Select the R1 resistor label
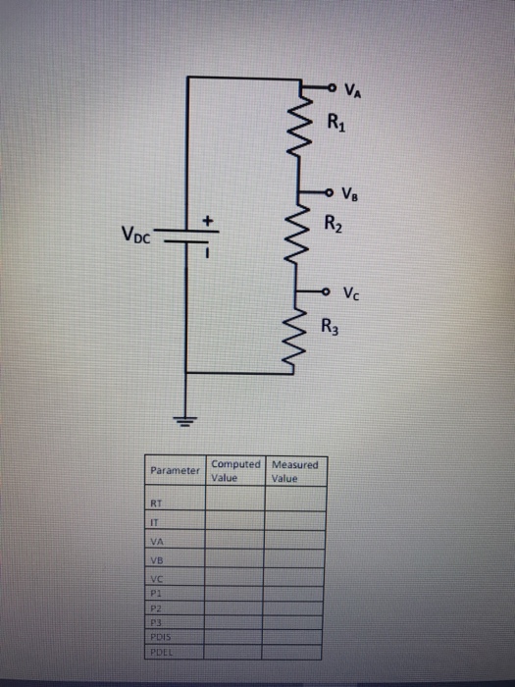click(335, 124)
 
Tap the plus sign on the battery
click(208, 220)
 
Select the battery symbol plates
click(187, 237)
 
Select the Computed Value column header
click(234, 471)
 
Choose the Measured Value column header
click(295, 471)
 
